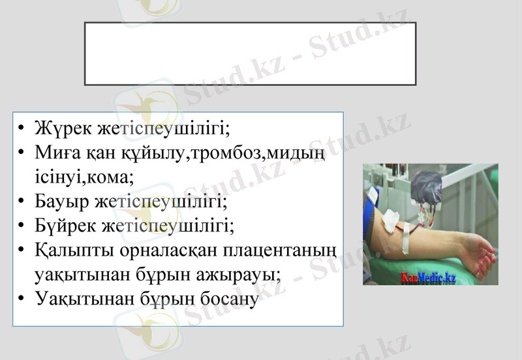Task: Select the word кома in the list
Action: pyautogui.click(x=112, y=177)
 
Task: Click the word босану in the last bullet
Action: pyautogui.click(x=222, y=299)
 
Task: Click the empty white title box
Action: pyautogui.click(x=250, y=53)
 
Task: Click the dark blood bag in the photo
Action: pyautogui.click(x=427, y=186)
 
